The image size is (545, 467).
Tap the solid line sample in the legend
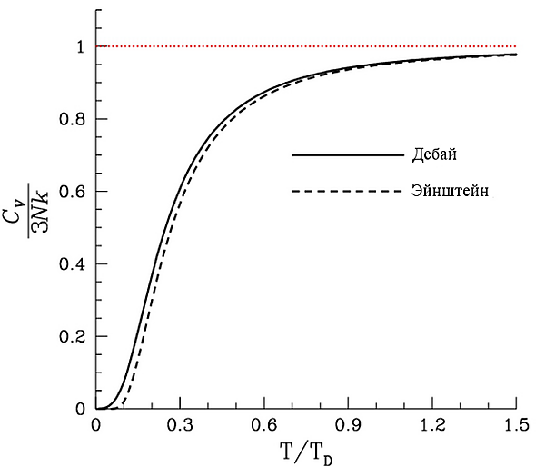click(348, 155)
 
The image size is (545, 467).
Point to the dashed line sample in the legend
click(348, 192)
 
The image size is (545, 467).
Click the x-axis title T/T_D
click(306, 451)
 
